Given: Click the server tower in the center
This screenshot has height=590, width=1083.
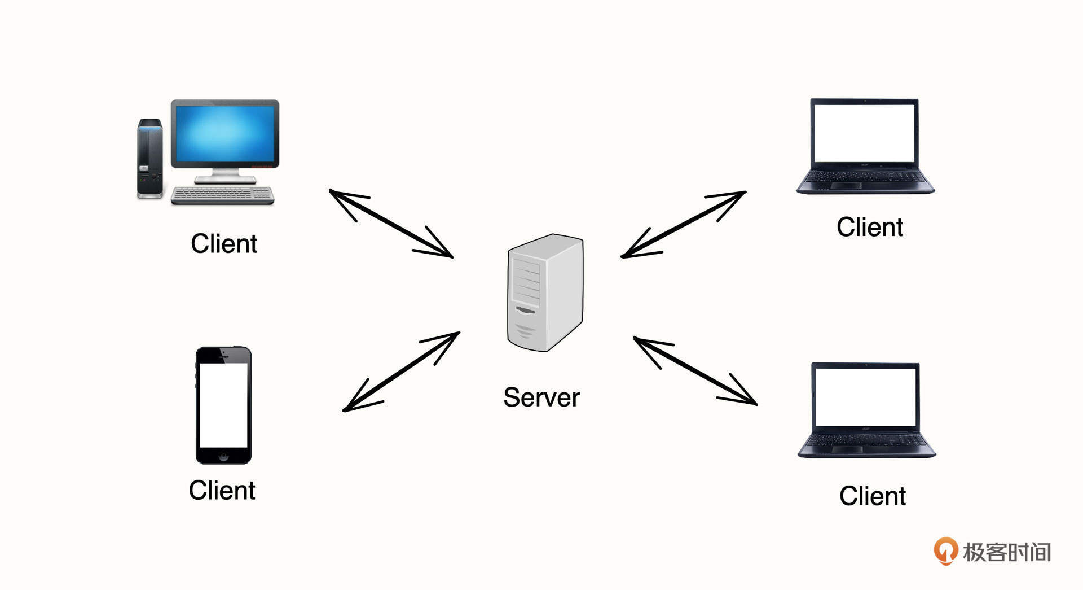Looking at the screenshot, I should [x=545, y=292].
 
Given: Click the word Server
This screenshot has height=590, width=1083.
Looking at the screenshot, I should [x=541, y=397].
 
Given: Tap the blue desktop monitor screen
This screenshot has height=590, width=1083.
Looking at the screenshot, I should [x=225, y=134].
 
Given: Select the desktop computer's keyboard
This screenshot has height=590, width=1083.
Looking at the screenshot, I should [x=222, y=195].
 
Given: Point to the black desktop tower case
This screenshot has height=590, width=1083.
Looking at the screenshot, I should [x=149, y=159].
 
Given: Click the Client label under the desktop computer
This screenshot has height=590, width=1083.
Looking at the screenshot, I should [x=224, y=244].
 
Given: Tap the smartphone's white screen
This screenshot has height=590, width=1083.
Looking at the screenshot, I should [x=223, y=405].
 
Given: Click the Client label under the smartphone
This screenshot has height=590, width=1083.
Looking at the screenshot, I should [x=222, y=490].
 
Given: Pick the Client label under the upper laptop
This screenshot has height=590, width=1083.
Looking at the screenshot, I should [x=869, y=227].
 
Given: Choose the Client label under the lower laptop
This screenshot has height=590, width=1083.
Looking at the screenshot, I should [x=872, y=496].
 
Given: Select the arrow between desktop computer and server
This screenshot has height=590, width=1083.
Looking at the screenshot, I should [x=391, y=224].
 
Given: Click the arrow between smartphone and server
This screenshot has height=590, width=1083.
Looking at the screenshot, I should [x=401, y=371].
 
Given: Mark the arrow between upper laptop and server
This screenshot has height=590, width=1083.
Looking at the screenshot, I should [x=683, y=224].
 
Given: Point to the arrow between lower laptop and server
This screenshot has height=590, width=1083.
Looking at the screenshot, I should [x=695, y=371].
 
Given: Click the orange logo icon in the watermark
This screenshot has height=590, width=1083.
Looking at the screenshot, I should [x=946, y=550].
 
